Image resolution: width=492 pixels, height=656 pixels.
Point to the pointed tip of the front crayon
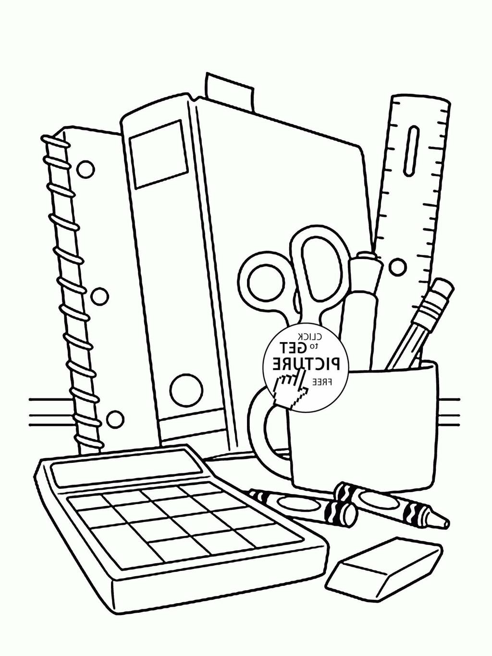coord(445,522)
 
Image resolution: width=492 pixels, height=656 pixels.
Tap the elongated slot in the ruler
coord(412,150)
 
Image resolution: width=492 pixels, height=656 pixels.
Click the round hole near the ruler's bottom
coord(397,267)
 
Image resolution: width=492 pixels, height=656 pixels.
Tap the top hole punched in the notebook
coord(86,169)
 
